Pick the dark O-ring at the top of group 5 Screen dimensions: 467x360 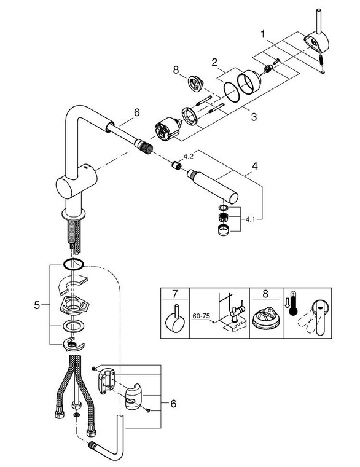click(72, 264)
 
